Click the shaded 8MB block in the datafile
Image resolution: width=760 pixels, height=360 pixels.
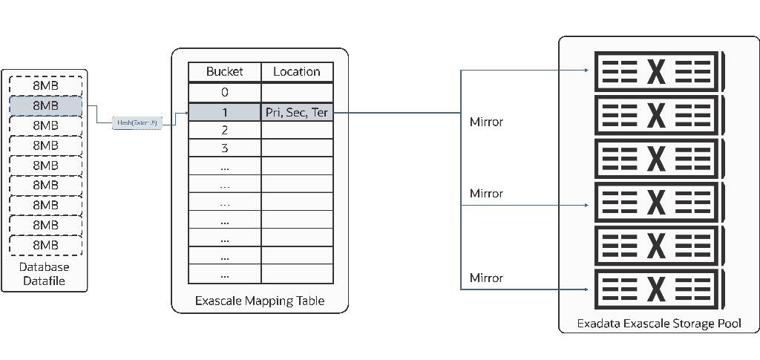coord(45,106)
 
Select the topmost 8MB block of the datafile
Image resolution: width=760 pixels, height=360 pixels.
coord(45,86)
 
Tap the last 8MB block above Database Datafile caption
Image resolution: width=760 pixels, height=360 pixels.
coord(45,245)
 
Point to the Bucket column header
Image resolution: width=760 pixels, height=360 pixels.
coord(224,72)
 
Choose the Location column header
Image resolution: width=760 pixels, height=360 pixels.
coord(296,72)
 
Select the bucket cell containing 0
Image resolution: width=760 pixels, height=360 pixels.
coord(224,92)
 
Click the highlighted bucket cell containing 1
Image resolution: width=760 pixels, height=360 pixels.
coord(224,112)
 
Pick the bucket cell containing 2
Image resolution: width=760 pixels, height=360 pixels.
coord(224,130)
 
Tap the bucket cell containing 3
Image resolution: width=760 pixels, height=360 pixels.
coord(224,148)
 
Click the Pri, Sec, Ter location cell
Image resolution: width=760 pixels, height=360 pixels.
coord(296,112)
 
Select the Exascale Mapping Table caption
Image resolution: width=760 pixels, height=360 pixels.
coord(259,301)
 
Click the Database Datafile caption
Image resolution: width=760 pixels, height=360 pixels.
coord(45,274)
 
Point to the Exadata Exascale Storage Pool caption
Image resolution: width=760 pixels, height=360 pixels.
coord(658,324)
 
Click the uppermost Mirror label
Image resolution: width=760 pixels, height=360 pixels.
coord(486,121)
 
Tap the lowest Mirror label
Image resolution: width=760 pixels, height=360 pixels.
coord(486,278)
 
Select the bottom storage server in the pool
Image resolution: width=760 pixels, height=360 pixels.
coord(656,289)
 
